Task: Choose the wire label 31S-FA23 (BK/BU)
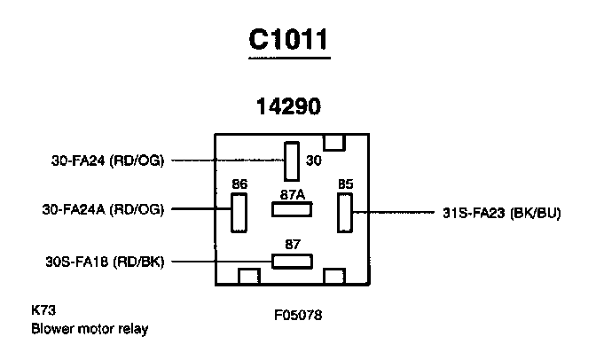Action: coord(500,213)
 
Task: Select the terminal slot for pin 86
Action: coord(238,213)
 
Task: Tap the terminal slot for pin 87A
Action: coord(292,210)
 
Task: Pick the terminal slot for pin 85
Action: coord(345,213)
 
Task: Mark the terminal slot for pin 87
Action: coord(292,261)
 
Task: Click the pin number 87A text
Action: coord(292,192)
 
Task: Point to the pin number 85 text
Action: coord(345,184)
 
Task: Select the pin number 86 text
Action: coord(239,184)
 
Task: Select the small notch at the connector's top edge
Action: coord(334,142)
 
